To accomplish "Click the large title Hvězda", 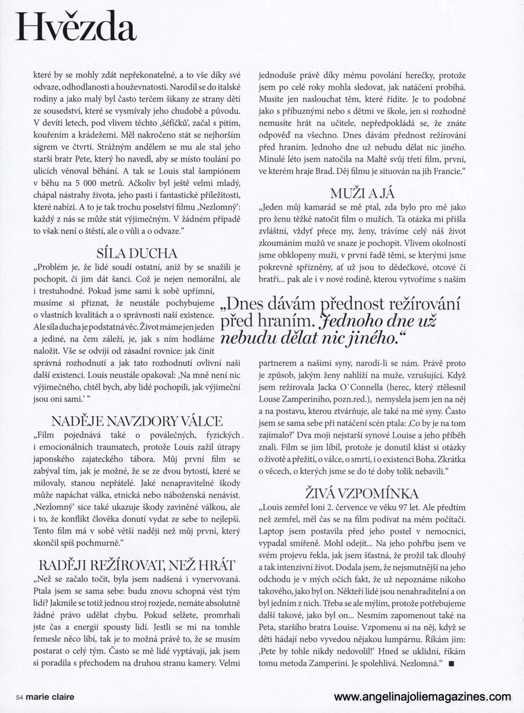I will (76, 29).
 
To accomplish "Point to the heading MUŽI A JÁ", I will (361, 193).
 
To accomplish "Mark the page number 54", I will (20, 697).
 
